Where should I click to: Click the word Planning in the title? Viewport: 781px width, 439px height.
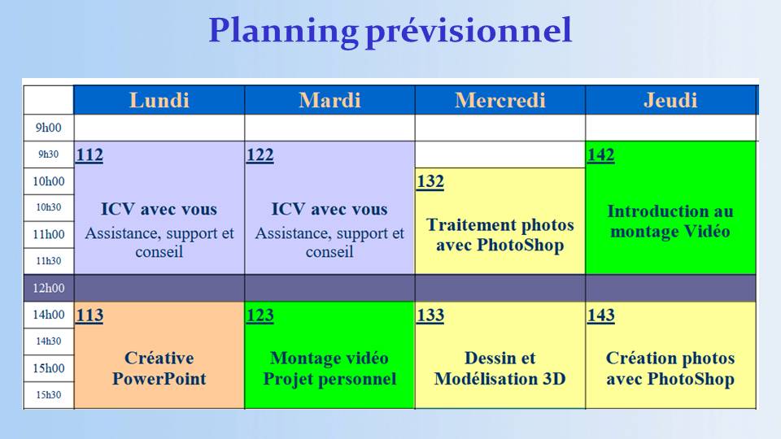(283, 32)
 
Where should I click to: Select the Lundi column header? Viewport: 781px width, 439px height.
(159, 100)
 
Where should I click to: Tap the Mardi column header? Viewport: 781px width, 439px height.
(329, 100)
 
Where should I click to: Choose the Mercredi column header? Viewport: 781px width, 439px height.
(500, 100)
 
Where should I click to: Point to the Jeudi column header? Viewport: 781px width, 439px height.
(670, 100)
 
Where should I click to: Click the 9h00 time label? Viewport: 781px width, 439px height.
(48, 128)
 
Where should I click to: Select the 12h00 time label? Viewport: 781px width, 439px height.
(48, 288)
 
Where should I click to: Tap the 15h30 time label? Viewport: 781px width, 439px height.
(48, 395)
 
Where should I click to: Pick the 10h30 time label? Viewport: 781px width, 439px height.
(48, 207)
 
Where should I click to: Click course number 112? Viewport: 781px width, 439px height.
(89, 154)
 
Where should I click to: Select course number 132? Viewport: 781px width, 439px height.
(430, 181)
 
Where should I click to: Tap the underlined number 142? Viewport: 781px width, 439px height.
(600, 154)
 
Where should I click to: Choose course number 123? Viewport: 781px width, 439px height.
(260, 315)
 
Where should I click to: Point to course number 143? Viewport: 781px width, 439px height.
(600, 315)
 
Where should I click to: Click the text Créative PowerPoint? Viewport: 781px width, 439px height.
(159, 368)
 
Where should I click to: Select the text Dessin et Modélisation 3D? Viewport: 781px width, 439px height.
(500, 368)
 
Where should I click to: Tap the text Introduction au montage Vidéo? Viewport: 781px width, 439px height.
(670, 221)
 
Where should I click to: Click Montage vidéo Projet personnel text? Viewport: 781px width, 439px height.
(329, 368)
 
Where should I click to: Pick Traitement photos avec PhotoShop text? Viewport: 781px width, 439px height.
(500, 235)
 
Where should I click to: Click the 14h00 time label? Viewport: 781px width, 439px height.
(48, 315)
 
